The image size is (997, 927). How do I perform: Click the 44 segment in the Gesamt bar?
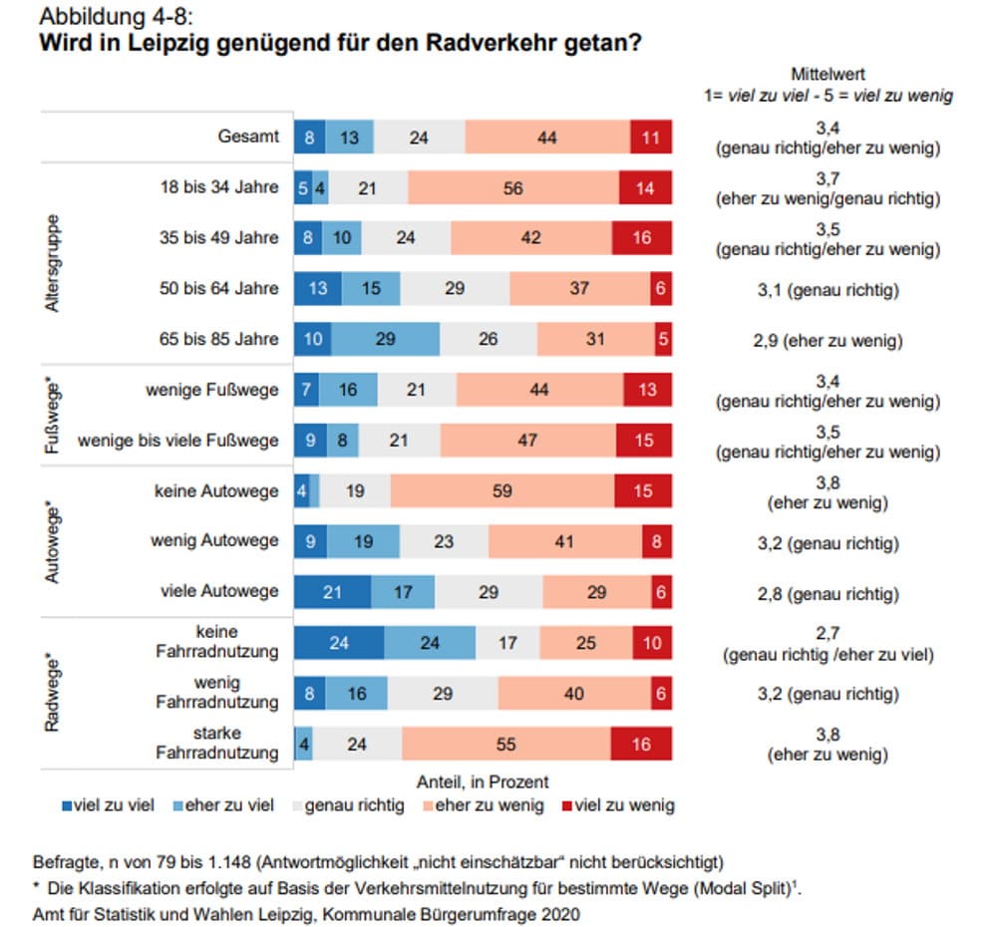(x=546, y=137)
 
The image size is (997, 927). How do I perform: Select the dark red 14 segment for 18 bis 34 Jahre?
(x=646, y=187)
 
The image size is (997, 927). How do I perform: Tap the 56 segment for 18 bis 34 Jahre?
(x=513, y=187)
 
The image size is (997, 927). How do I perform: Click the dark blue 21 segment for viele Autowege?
(x=333, y=591)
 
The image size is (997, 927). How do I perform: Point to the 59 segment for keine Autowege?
(x=502, y=490)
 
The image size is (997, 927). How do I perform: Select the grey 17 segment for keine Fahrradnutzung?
(x=507, y=643)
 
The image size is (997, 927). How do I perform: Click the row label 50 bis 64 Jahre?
(x=220, y=289)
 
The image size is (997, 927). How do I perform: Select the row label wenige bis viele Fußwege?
(x=178, y=440)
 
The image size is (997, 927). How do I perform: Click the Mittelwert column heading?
(x=828, y=74)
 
